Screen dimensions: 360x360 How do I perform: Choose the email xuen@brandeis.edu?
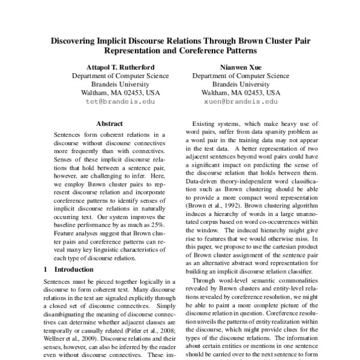242,103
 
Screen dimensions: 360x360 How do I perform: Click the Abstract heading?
113,124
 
